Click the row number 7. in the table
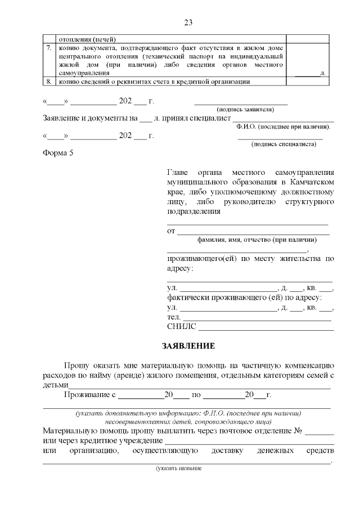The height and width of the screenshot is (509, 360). coord(49,49)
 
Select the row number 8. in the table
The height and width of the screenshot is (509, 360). coord(49,81)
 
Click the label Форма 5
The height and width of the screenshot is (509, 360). coord(58,154)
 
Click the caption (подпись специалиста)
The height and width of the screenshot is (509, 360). coord(283,144)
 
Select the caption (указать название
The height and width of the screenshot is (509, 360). coord(178,468)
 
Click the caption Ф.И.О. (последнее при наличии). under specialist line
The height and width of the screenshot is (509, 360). coord(283,127)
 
